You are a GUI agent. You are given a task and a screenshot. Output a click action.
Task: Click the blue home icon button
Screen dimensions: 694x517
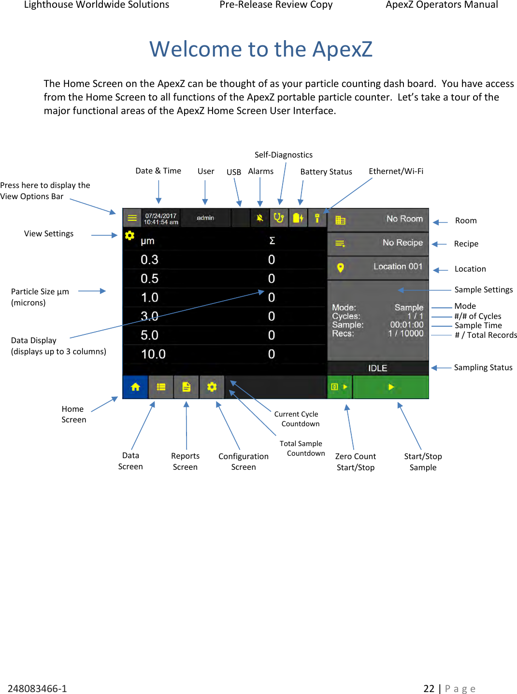pyautogui.click(x=135, y=387)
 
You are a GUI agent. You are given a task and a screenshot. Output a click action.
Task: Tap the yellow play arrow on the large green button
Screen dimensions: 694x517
pyautogui.click(x=391, y=387)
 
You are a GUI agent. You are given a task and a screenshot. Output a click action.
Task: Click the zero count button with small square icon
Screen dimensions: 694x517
pyautogui.click(x=339, y=387)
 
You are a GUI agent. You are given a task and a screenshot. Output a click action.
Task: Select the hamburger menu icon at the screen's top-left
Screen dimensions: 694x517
pyautogui.click(x=132, y=218)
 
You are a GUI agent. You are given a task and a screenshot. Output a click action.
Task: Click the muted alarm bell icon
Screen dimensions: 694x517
pyautogui.click(x=260, y=218)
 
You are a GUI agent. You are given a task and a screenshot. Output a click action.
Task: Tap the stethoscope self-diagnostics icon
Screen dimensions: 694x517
pyautogui.click(x=279, y=218)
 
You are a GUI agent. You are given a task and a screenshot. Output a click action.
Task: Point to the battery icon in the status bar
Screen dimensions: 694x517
pyautogui.click(x=298, y=218)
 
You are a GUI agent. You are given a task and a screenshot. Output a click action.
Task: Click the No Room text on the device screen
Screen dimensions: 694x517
pyautogui.click(x=404, y=219)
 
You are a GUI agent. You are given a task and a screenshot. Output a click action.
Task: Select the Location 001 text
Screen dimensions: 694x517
pyautogui.click(x=398, y=267)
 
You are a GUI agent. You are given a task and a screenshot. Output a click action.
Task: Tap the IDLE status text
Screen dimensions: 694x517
pyautogui.click(x=377, y=368)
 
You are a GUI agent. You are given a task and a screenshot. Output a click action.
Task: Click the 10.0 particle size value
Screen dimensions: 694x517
pyautogui.click(x=153, y=354)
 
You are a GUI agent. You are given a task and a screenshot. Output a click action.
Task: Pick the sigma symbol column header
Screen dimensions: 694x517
pyautogui.click(x=272, y=241)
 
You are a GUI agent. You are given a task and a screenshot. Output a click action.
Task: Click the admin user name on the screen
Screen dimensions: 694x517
pyautogui.click(x=205, y=218)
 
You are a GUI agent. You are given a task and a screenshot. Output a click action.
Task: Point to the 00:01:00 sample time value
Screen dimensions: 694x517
pyautogui.click(x=406, y=325)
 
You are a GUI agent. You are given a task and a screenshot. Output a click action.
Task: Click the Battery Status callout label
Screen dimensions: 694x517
pyautogui.click(x=326, y=172)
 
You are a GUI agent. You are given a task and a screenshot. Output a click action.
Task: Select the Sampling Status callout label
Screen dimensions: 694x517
pyautogui.click(x=483, y=367)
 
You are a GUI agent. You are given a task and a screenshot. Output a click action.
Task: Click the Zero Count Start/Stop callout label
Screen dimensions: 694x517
pyautogui.click(x=356, y=462)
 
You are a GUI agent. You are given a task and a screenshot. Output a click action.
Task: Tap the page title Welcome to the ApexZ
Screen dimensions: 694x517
pyautogui.click(x=261, y=49)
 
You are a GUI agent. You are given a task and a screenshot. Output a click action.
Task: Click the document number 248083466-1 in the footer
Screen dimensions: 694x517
pyautogui.click(x=37, y=688)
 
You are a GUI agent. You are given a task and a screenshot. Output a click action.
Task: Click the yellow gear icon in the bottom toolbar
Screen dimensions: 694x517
pyautogui.click(x=212, y=387)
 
